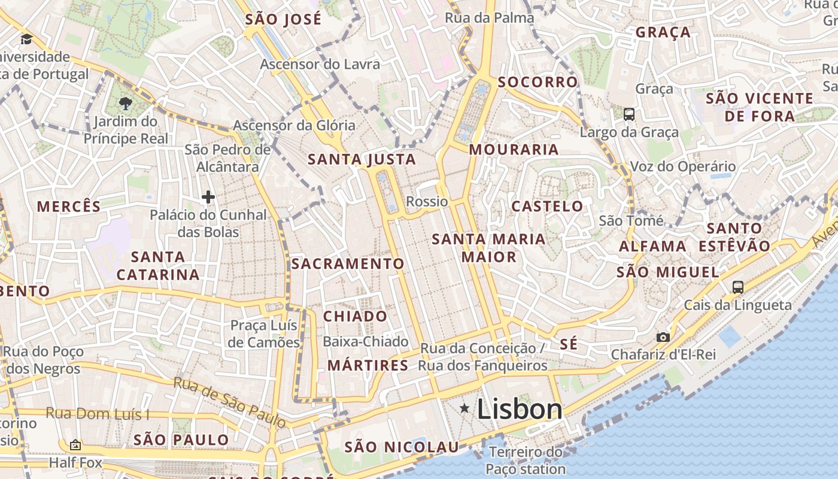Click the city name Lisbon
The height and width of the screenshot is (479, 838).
[520, 410]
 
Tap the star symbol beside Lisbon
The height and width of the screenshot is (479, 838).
[464, 408]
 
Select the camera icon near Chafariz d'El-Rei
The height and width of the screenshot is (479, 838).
[663, 337]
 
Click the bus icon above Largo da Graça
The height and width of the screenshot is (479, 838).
[628, 114]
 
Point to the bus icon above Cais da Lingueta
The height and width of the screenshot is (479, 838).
[737, 287]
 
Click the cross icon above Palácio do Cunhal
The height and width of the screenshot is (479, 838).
[208, 196]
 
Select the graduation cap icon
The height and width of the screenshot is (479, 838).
[26, 40]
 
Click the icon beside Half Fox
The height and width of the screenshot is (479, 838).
[75, 445]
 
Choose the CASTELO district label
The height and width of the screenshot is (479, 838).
[546, 207]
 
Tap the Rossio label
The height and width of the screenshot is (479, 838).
[427, 201]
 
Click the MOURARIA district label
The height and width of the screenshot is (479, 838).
[514, 150]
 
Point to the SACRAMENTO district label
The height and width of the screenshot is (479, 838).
[348, 264]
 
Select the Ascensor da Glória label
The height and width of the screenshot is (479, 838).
[294, 126]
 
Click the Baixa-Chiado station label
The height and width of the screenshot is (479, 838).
[365, 342]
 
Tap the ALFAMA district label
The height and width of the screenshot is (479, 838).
[652, 246]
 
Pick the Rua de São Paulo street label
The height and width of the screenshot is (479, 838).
[230, 403]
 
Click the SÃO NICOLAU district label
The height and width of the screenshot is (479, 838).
[402, 447]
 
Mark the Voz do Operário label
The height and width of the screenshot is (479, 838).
[682, 166]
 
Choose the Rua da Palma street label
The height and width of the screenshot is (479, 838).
[489, 18]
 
